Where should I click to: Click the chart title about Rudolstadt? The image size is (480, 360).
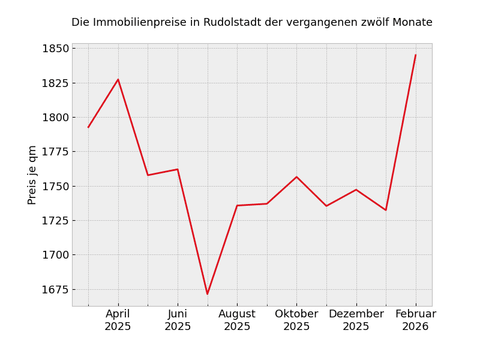click(x=252, y=23)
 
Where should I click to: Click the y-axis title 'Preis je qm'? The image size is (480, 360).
click(x=32, y=175)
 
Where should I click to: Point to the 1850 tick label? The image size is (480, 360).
click(x=55, y=49)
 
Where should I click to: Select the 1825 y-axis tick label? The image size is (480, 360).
click(x=55, y=83)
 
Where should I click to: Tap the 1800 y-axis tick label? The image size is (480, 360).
click(x=55, y=118)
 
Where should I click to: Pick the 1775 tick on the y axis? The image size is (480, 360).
click(x=55, y=152)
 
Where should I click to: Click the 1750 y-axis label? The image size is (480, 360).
click(x=55, y=186)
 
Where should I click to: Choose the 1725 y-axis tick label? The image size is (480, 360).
click(x=55, y=221)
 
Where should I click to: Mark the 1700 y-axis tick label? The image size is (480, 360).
click(x=55, y=255)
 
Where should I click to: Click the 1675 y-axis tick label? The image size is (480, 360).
click(x=55, y=290)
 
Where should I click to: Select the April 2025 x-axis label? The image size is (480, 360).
click(x=118, y=320)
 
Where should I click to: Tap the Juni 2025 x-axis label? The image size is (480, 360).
click(x=178, y=320)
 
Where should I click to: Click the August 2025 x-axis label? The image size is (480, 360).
click(x=237, y=320)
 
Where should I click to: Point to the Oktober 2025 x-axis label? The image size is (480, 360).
click(x=296, y=320)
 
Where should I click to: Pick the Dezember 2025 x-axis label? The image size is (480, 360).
click(x=356, y=320)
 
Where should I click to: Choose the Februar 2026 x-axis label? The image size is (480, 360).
click(x=416, y=320)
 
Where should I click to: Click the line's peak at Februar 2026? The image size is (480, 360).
click(x=416, y=55)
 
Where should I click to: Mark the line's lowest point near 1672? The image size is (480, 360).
click(x=208, y=294)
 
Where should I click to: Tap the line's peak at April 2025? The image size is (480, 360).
click(x=118, y=79)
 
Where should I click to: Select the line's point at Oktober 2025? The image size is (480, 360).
click(x=296, y=177)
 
